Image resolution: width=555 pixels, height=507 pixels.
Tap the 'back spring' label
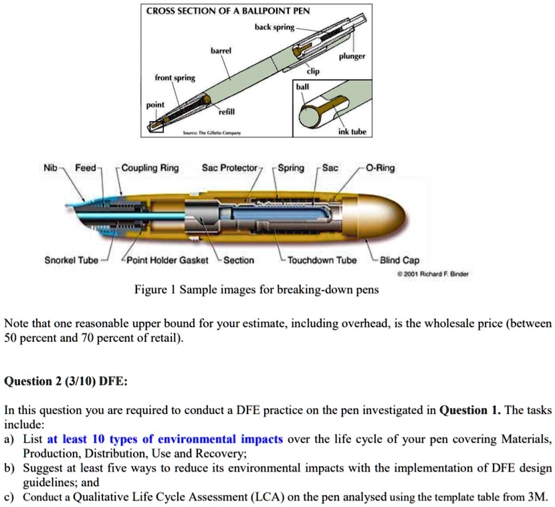274,27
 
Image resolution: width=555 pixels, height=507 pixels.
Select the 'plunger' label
351,57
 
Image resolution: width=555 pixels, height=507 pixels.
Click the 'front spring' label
175,78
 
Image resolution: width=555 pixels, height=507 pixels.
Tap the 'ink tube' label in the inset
354,132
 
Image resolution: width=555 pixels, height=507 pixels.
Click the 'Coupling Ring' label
151,168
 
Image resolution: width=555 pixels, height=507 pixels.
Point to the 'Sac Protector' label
230,168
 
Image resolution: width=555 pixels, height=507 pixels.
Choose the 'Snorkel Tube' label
71,260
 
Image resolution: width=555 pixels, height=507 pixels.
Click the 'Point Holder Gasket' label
167,260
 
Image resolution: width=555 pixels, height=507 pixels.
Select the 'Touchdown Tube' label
322,260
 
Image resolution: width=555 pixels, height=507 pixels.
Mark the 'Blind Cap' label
400,260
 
